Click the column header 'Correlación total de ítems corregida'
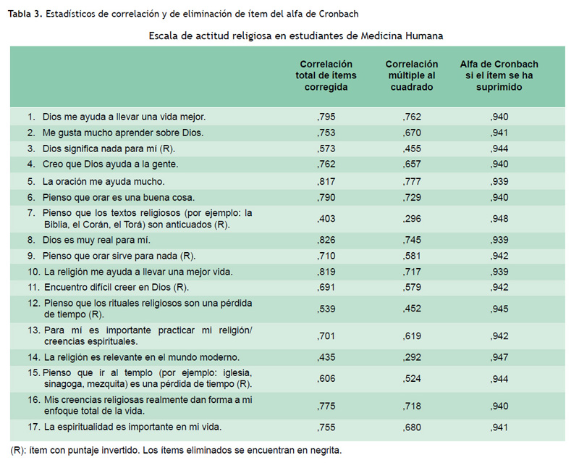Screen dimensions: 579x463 click(x=326, y=75)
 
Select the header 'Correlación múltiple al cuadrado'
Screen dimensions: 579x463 click(x=412, y=75)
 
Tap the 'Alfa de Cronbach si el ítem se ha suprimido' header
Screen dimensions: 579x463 click(x=499, y=75)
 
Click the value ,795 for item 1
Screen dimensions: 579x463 click(x=326, y=117)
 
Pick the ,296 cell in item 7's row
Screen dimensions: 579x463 click(x=412, y=219)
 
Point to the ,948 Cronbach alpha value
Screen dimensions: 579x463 click(x=499, y=219)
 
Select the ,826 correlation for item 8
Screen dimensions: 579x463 click(x=326, y=240)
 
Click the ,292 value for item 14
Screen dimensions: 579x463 click(x=412, y=357)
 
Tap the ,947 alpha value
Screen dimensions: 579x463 click(x=499, y=357)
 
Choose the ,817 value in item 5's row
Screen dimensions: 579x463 click(x=326, y=182)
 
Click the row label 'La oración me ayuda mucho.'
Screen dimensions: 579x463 click(x=103, y=182)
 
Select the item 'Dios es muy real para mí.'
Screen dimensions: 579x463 click(x=96, y=240)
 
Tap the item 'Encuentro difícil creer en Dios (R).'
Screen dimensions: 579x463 click(x=117, y=288)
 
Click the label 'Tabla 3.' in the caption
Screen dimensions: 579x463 click(x=25, y=14)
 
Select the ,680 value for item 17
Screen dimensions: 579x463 click(x=412, y=427)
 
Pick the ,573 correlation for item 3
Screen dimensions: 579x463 click(x=326, y=149)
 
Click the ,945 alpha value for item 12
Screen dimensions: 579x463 click(x=499, y=309)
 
